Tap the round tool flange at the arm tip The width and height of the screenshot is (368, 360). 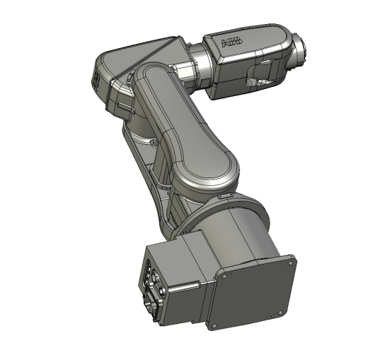(299, 52)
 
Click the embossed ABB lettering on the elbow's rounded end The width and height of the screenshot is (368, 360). (96, 81)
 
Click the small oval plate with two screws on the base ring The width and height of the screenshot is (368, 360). (225, 196)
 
